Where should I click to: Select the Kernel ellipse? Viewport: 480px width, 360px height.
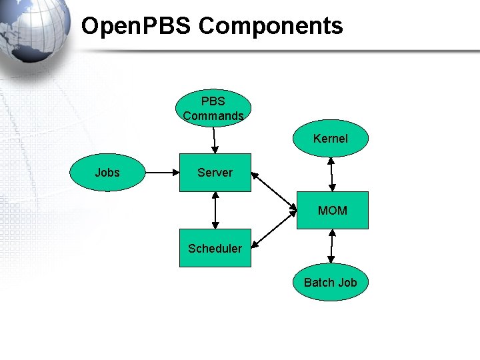(x=331, y=139)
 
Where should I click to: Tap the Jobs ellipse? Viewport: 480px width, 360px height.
(x=107, y=173)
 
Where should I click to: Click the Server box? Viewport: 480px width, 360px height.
(x=215, y=173)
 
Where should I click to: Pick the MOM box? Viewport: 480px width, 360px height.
(x=332, y=211)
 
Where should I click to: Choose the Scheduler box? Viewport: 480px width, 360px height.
(x=215, y=249)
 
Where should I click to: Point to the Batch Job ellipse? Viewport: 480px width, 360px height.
(x=331, y=283)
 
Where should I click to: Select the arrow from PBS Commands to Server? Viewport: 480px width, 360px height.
(x=214, y=140)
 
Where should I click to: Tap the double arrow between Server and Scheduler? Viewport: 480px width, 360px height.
(x=215, y=211)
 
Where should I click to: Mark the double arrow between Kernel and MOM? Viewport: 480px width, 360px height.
(x=331, y=175)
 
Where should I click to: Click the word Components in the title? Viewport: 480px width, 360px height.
(x=271, y=26)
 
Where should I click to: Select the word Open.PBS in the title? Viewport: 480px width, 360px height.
(x=137, y=26)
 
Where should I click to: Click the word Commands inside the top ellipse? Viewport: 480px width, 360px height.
(x=213, y=116)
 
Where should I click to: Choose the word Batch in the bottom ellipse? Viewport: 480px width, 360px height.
(x=317, y=283)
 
